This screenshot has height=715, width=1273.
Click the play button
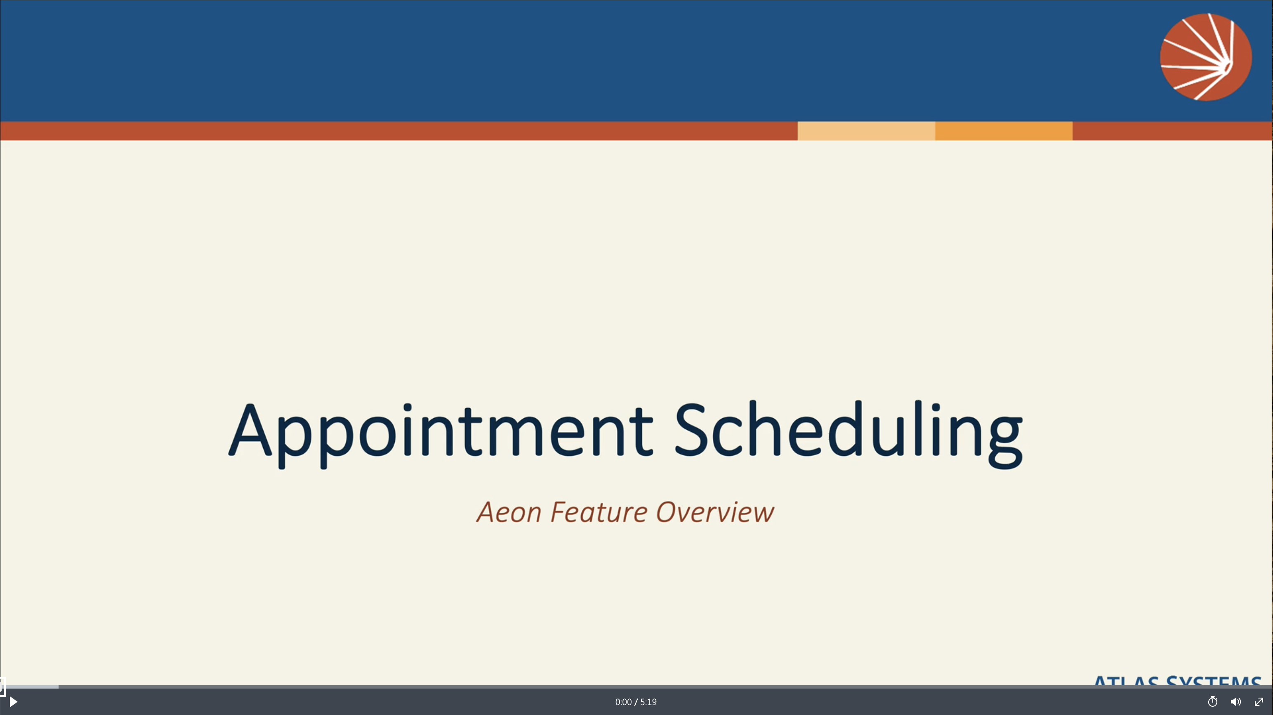click(x=13, y=702)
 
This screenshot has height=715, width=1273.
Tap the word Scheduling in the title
click(x=848, y=430)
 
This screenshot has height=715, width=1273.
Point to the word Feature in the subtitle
click(x=599, y=512)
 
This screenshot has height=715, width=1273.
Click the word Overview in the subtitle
click(x=714, y=512)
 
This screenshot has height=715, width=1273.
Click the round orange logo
click(x=1206, y=57)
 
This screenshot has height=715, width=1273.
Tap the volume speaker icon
click(x=1235, y=702)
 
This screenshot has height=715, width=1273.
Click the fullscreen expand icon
click(x=1259, y=702)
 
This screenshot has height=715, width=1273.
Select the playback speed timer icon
click(x=1212, y=702)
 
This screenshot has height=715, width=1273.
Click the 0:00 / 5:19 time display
click(x=636, y=702)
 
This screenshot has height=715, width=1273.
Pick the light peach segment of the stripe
click(x=866, y=131)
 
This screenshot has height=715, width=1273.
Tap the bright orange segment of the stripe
click(x=1003, y=131)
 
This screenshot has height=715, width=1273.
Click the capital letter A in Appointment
click(x=250, y=430)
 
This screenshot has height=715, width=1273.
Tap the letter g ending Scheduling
click(x=1005, y=440)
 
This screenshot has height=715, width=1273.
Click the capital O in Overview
click(x=671, y=512)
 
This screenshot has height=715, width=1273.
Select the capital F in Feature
click(x=558, y=512)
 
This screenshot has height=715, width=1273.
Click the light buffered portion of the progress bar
click(x=30, y=687)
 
